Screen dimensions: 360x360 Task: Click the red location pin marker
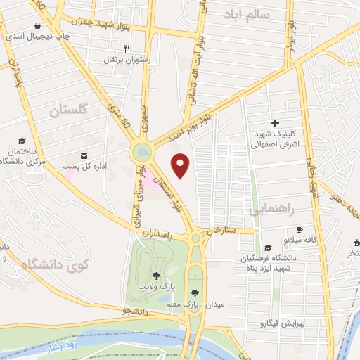pyautogui.click(x=181, y=166)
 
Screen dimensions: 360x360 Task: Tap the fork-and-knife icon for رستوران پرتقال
pyautogui.click(x=127, y=49)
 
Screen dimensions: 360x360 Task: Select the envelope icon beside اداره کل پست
pyautogui.click(x=84, y=155)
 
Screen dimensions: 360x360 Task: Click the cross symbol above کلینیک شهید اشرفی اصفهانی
pyautogui.click(x=275, y=123)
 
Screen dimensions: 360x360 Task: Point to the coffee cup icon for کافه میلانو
pyautogui.click(x=300, y=230)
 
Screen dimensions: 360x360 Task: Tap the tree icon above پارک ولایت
pyautogui.click(x=155, y=276)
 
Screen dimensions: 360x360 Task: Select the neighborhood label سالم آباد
pyautogui.click(x=247, y=13)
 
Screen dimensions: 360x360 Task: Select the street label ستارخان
pyautogui.click(x=219, y=231)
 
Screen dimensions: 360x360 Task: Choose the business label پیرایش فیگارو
pyautogui.click(x=279, y=324)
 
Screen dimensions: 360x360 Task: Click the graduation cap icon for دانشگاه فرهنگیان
pyautogui.click(x=267, y=247)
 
